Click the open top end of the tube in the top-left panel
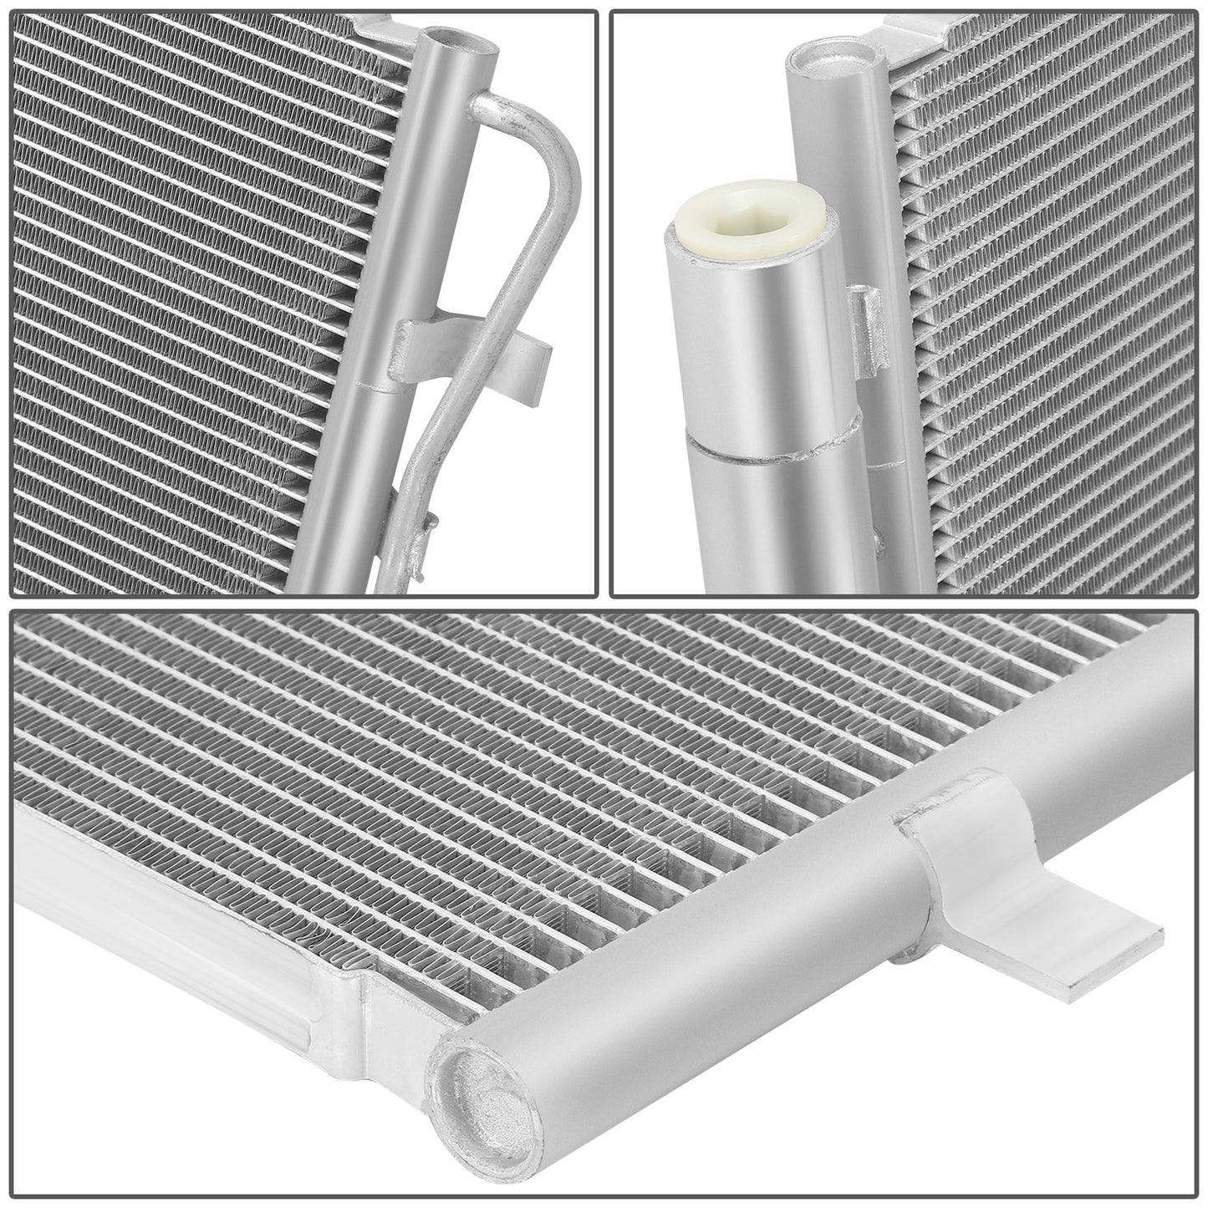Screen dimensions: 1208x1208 (443, 39)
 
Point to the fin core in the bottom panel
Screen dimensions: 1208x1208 (543, 794)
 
